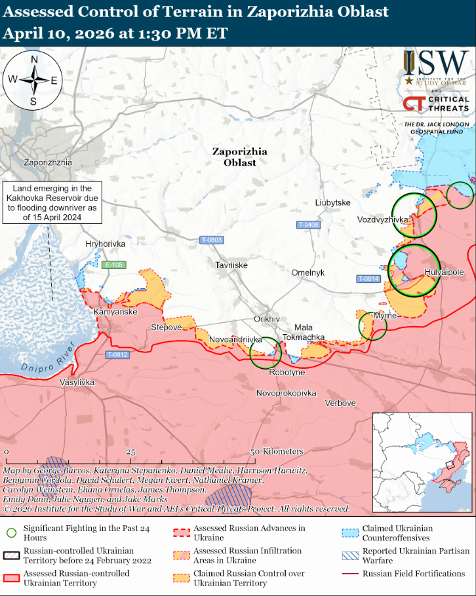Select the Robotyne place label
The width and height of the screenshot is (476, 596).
287,372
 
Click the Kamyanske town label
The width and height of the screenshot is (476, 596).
115,312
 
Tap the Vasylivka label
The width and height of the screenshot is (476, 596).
77,382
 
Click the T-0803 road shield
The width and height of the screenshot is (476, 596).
212,240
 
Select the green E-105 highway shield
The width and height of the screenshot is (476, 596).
114,265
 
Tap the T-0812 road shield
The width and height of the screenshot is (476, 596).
117,355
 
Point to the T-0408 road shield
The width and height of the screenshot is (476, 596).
308,225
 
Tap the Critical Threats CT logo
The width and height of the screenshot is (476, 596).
414,103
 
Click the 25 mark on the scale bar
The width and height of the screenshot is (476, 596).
130,453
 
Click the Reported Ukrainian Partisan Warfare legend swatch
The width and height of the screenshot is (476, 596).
352,555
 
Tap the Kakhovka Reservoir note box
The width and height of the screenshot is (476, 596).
50,203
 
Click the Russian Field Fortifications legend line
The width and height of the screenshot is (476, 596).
352,574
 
